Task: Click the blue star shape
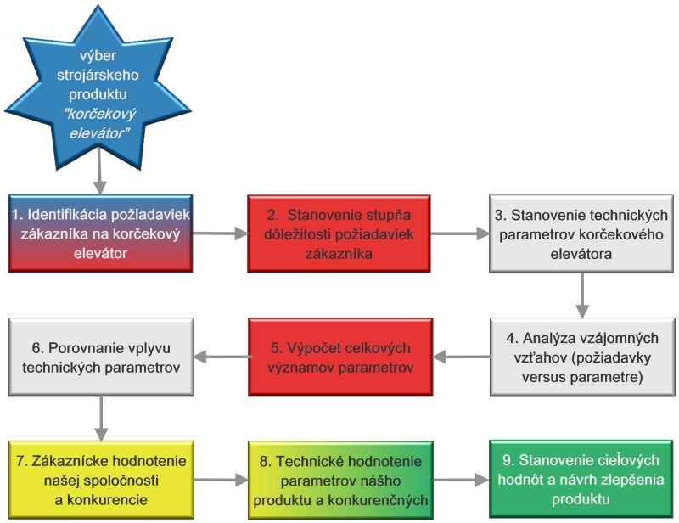(98, 91)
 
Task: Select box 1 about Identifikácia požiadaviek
(100, 233)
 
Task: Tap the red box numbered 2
(339, 234)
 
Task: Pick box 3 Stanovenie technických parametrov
(581, 234)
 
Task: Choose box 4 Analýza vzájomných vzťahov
(582, 357)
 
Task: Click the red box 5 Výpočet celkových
(340, 357)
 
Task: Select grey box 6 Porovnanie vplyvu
(101, 357)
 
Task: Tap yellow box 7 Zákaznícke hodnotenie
(101, 480)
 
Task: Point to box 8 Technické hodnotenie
(340, 480)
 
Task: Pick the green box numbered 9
(581, 479)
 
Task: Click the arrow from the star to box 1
(100, 172)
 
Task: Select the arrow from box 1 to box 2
(220, 233)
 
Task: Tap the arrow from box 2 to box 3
(460, 233)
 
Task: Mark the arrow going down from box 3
(582, 295)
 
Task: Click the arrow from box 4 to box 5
(461, 357)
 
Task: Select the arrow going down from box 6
(101, 419)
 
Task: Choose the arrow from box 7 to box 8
(221, 480)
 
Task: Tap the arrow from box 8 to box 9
(461, 480)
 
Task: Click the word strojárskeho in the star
(98, 75)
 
